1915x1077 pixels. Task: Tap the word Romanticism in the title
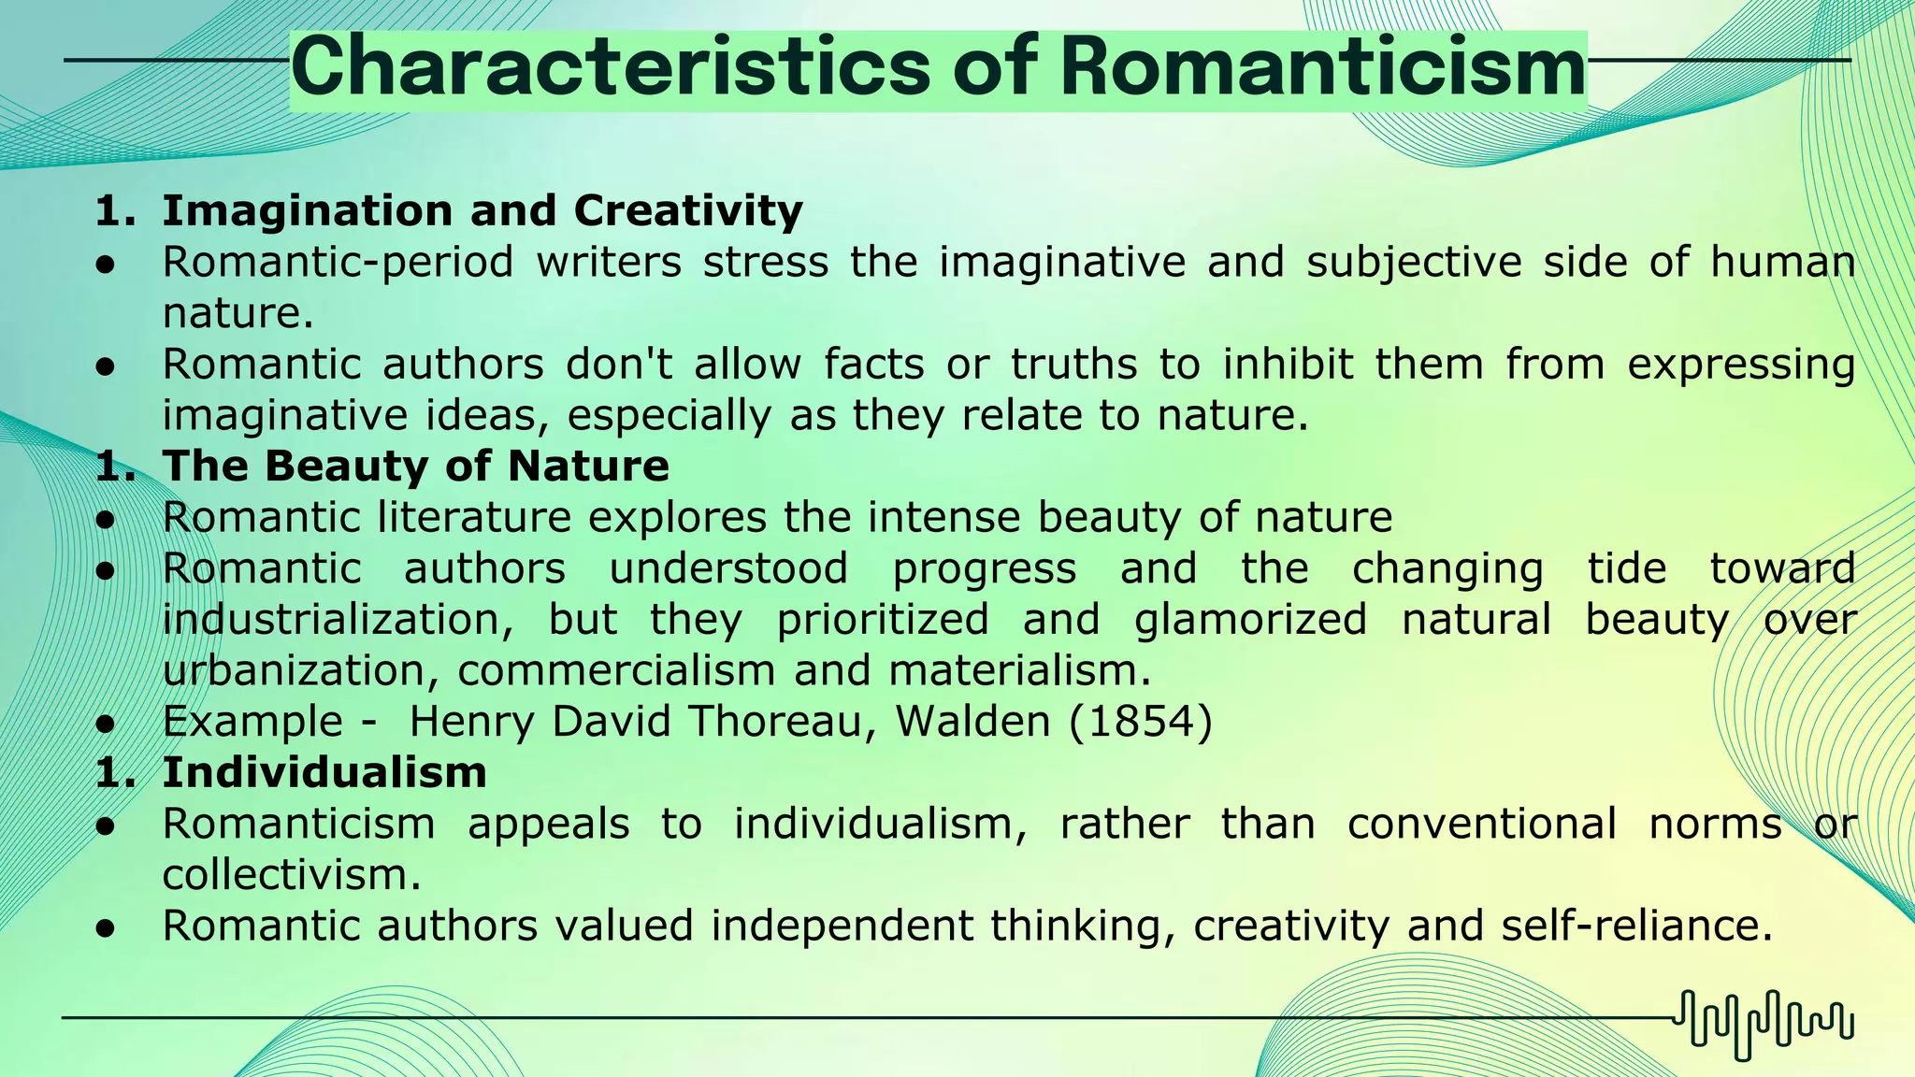tap(1323, 67)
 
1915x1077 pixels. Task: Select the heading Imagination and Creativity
tap(482, 210)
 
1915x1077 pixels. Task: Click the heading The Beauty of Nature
tap(416, 466)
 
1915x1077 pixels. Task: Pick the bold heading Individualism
tap(324, 772)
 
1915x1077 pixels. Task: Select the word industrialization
tap(338, 619)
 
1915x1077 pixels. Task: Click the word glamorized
tap(1250, 619)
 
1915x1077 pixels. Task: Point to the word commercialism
tap(616, 670)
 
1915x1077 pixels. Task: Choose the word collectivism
tap(291, 875)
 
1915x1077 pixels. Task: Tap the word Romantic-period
tap(338, 262)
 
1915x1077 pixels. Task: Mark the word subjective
tap(1414, 262)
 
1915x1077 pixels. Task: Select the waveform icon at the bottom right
tap(1764, 1024)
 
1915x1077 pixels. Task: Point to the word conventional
tap(1482, 824)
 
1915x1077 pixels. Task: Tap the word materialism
tap(1019, 670)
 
